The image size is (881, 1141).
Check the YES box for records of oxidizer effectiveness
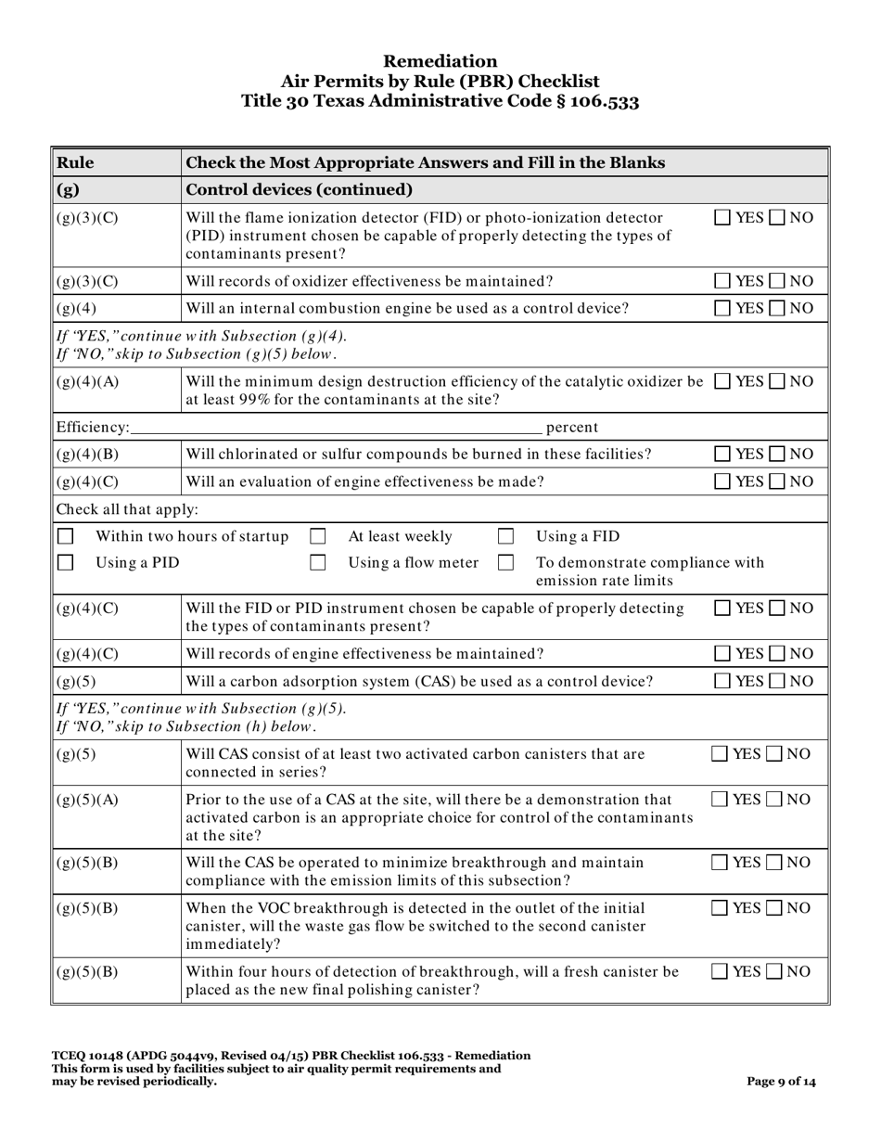723,281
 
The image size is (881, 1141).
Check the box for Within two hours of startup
66,536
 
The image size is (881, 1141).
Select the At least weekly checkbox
317,536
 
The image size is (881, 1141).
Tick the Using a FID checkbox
506,536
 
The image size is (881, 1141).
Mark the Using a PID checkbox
66,562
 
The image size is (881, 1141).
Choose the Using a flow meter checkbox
317,562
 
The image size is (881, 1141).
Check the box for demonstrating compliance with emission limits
506,562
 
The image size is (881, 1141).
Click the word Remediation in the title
440,61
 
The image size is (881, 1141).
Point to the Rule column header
75,163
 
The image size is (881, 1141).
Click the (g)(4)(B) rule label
87,455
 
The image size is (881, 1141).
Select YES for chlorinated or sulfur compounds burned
723,455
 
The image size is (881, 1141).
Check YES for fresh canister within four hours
719,971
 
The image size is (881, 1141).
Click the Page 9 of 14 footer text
782,1081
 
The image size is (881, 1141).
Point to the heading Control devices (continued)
300,190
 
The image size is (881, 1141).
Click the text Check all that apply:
127,509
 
